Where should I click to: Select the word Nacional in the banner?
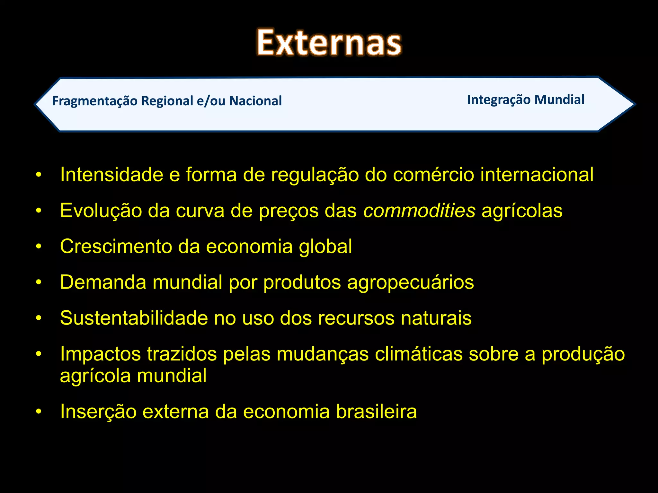coord(255,101)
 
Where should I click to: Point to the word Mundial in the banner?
coord(559,100)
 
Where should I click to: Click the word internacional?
coord(537,175)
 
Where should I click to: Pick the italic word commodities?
coord(419,211)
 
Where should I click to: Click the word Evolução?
coord(101,211)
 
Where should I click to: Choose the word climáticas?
coord(418,354)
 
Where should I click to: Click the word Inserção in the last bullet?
coord(98,411)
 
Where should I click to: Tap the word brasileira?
coord(376,411)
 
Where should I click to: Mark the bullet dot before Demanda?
coord(39,282)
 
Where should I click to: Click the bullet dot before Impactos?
coord(39,354)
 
